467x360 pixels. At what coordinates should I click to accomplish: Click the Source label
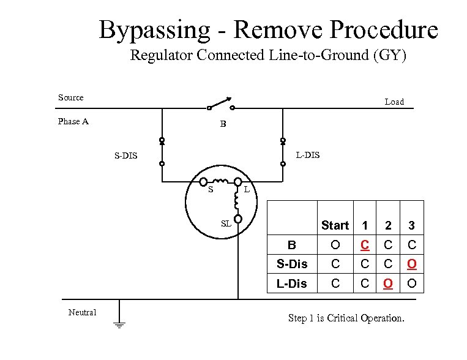[x=71, y=97]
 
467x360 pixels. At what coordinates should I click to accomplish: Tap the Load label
[x=394, y=102]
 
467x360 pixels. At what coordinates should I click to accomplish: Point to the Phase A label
[x=73, y=121]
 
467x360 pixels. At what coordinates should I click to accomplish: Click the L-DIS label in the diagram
[x=307, y=155]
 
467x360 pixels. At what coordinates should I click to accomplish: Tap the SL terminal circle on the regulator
[x=237, y=219]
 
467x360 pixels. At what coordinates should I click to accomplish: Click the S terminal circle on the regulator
[x=203, y=181]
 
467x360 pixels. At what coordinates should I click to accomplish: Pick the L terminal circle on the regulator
[x=237, y=182]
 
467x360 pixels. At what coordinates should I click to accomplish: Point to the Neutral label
[x=82, y=312]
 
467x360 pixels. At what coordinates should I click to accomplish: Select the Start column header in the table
[x=335, y=225]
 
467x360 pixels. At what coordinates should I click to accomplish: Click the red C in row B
[x=365, y=245]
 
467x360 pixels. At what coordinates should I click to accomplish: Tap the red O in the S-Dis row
[x=412, y=264]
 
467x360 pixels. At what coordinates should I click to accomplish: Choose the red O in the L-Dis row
[x=388, y=283]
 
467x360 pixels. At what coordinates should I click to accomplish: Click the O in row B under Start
[x=335, y=245]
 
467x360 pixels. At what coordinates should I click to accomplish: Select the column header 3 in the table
[x=412, y=225]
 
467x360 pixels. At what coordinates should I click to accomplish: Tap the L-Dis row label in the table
[x=292, y=283]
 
